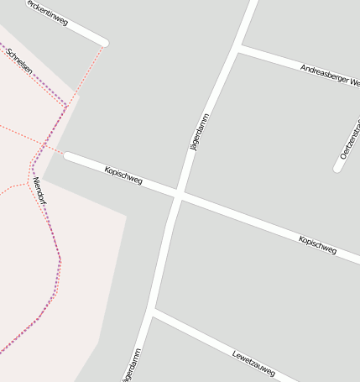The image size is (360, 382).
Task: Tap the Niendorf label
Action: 39,192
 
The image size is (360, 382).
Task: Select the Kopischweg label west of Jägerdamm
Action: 123,175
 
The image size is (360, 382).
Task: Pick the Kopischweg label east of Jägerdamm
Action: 317,245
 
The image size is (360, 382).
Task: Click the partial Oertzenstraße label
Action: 351,139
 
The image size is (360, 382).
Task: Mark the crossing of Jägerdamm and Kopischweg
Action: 179,194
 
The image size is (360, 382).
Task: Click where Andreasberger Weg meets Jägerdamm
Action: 238,50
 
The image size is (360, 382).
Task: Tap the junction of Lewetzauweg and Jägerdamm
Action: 153,313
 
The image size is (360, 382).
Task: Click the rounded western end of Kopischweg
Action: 68,156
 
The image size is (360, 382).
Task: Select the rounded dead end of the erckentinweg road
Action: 104,42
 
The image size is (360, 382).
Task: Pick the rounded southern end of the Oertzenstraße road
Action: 337,168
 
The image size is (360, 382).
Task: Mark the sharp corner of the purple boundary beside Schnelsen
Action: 65,107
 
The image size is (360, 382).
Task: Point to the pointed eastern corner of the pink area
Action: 126,217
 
